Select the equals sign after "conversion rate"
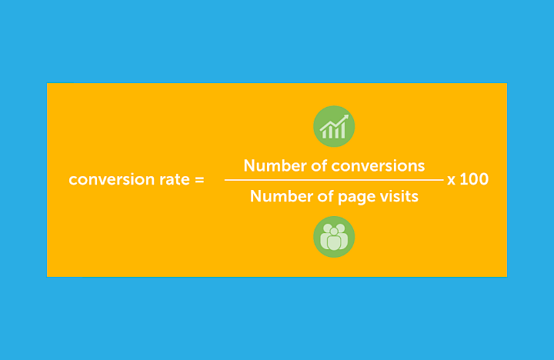[x=199, y=180]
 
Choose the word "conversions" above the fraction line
[x=379, y=165]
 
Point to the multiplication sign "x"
[x=452, y=180]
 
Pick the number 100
[x=474, y=179]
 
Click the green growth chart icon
[x=334, y=126]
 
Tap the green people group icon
[x=334, y=237]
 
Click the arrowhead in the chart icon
[x=345, y=118]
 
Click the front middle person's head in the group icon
[x=334, y=230]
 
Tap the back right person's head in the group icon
[x=342, y=228]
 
